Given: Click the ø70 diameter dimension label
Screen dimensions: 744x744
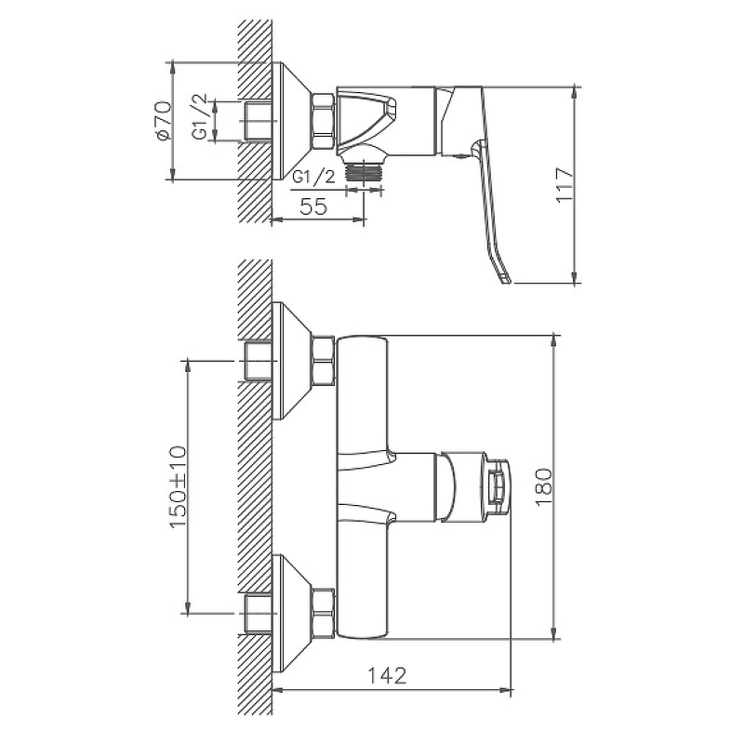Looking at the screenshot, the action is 163,121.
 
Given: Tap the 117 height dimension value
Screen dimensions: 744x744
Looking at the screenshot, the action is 565,184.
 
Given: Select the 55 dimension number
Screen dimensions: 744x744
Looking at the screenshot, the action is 313,206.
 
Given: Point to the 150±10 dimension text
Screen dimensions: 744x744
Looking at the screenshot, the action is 178,486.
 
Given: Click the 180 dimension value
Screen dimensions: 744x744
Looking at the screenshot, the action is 544,487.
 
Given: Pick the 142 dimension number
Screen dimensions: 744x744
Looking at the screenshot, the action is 388,676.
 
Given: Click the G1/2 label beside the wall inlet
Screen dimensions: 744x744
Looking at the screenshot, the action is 200,117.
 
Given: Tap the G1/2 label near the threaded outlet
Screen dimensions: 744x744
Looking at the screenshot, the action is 313,177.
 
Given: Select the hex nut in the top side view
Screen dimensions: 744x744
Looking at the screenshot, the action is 323,123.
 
